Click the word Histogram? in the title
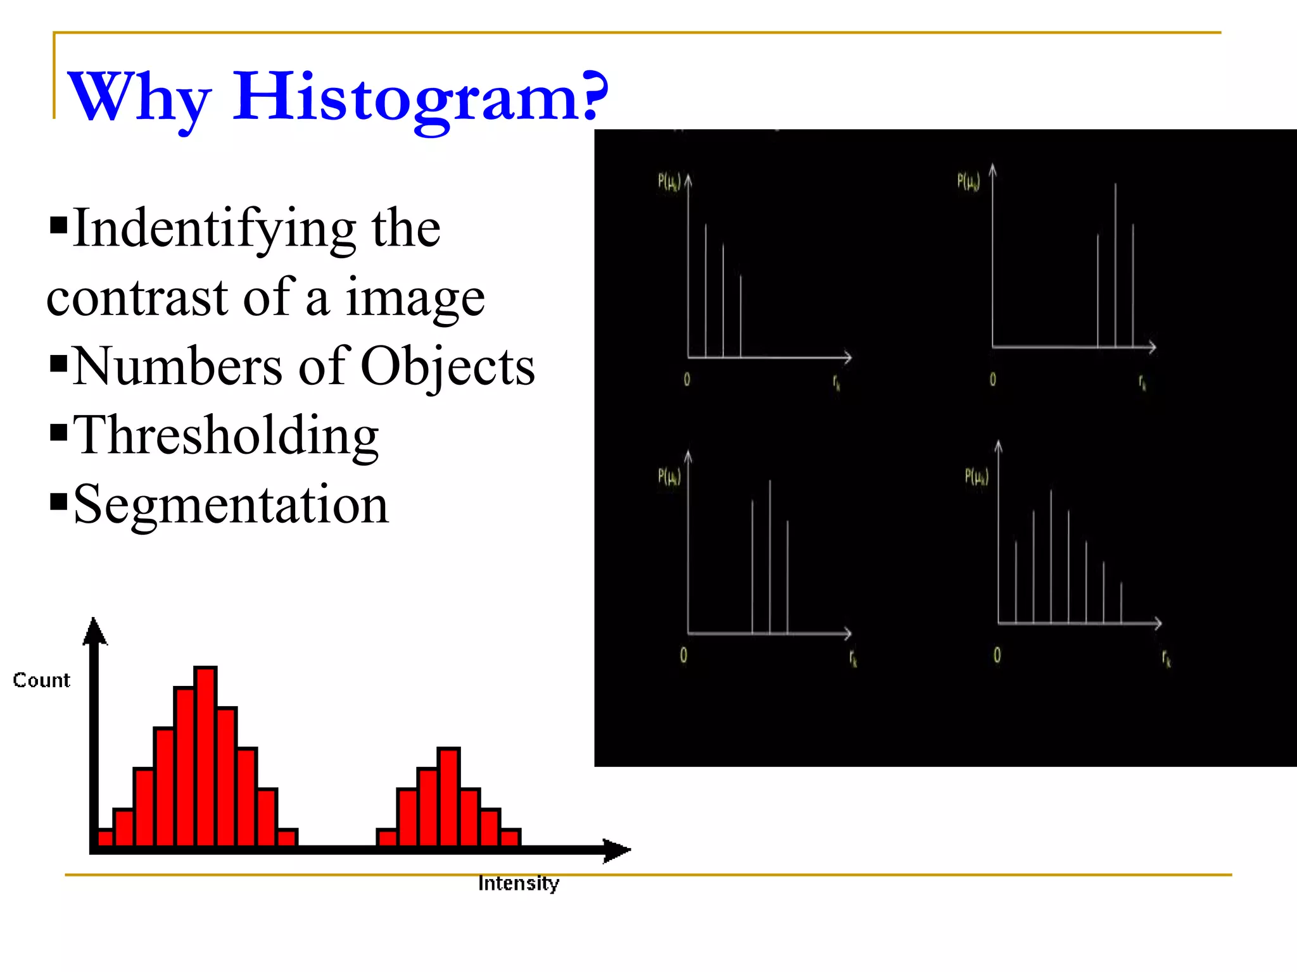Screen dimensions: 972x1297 tap(421, 96)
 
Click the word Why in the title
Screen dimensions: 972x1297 tap(139, 98)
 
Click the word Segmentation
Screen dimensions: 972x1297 tap(231, 504)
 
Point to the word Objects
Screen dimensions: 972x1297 tap(448, 367)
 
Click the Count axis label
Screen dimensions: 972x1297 tap(42, 680)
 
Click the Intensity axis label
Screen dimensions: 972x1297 tap(519, 883)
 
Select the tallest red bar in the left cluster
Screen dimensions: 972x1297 tap(205, 756)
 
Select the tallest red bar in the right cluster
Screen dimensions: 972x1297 tap(448, 797)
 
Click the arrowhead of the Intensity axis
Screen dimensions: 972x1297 tap(617, 850)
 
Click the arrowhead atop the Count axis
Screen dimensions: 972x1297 tap(95, 632)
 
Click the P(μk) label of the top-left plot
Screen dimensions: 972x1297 tap(669, 182)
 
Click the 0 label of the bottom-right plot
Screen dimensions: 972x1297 tap(997, 655)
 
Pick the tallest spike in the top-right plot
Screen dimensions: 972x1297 tap(1115, 266)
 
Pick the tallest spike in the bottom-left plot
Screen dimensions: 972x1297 tap(770, 557)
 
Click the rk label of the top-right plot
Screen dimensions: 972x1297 tap(1142, 382)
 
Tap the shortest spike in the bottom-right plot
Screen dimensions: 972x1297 tap(1121, 602)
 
